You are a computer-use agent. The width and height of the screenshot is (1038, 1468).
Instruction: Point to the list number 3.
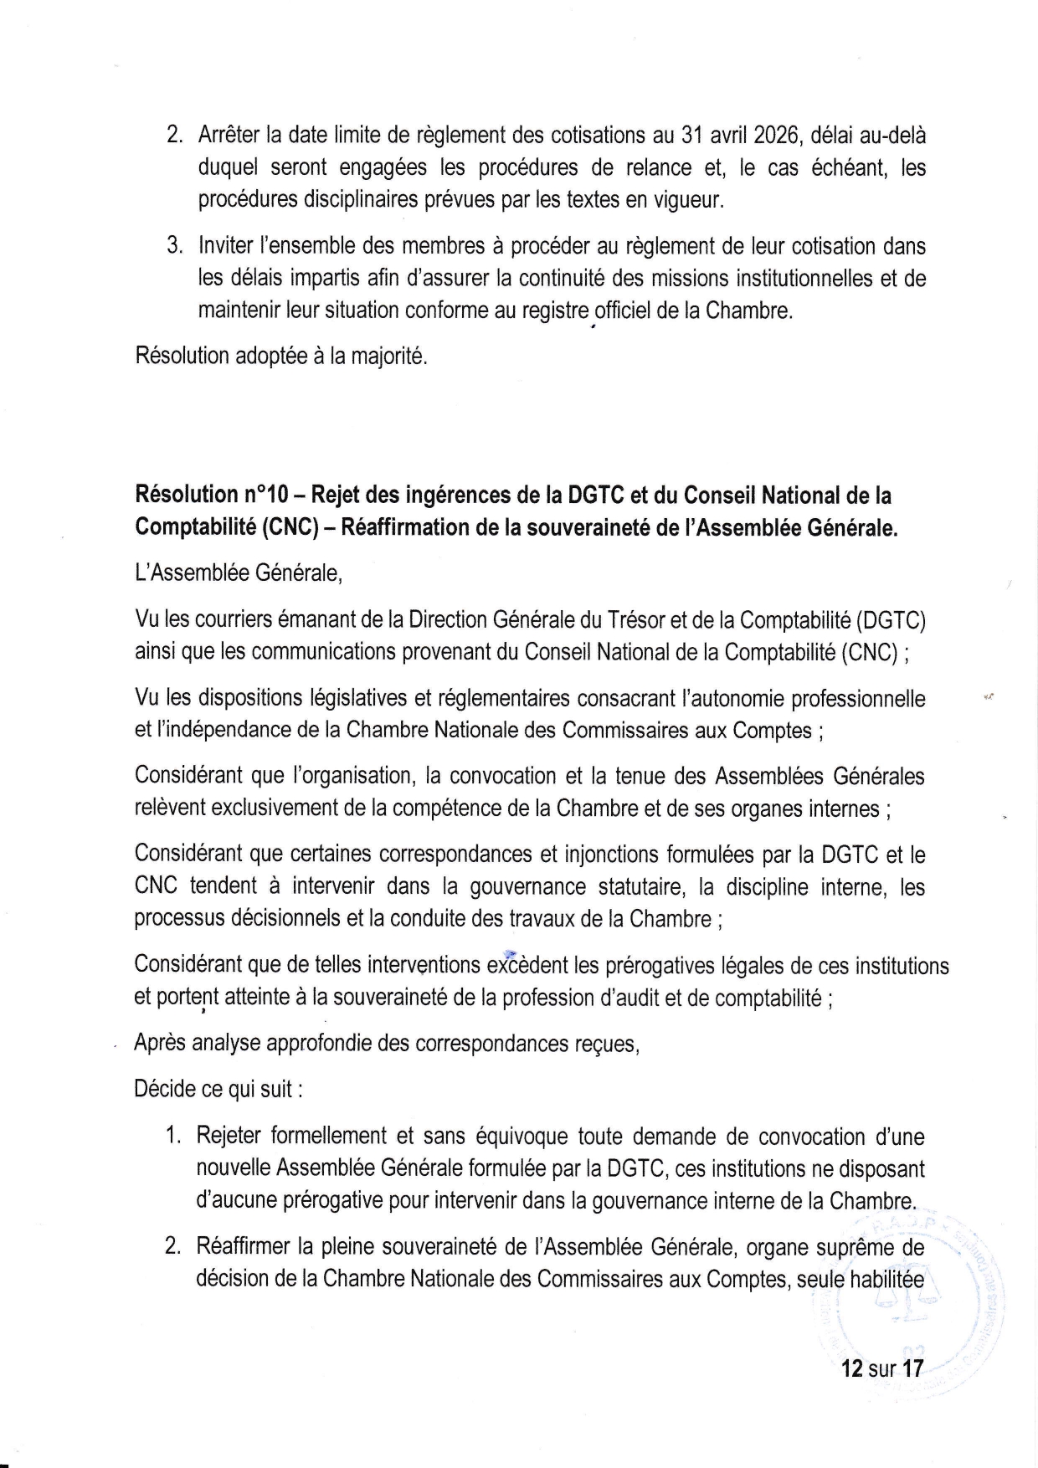click(x=174, y=247)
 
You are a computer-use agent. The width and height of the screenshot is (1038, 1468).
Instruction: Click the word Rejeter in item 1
click(x=231, y=1137)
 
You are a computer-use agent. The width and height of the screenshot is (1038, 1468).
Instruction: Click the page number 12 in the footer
click(x=852, y=1369)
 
